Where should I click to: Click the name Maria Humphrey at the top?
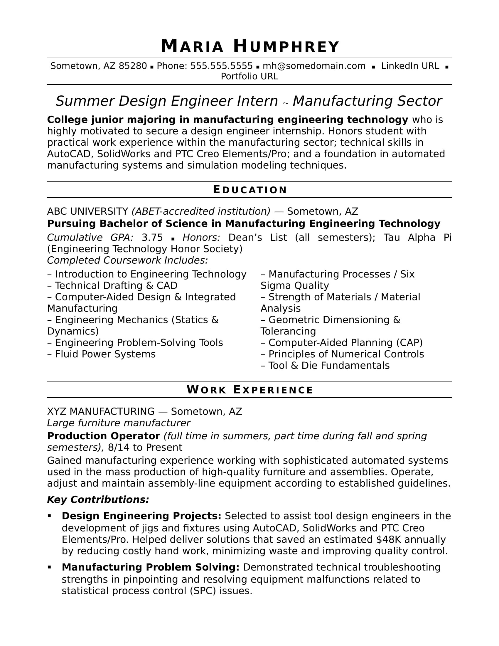[250, 47]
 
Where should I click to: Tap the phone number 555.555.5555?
[221, 66]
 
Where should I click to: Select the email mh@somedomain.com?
[314, 66]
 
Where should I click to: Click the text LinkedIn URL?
[410, 66]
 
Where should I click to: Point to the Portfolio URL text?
[249, 77]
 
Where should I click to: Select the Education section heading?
[250, 190]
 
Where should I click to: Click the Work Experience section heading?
[250, 390]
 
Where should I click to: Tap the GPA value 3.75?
[152, 238]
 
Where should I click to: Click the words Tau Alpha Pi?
[417, 238]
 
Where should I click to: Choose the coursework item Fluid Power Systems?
[105, 354]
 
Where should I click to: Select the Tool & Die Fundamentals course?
[329, 366]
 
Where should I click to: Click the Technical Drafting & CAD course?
[116, 286]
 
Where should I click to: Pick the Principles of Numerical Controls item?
[346, 354]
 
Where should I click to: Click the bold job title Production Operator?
[103, 436]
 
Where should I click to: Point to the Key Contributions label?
[98, 499]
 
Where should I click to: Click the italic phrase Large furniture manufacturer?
[119, 423]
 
